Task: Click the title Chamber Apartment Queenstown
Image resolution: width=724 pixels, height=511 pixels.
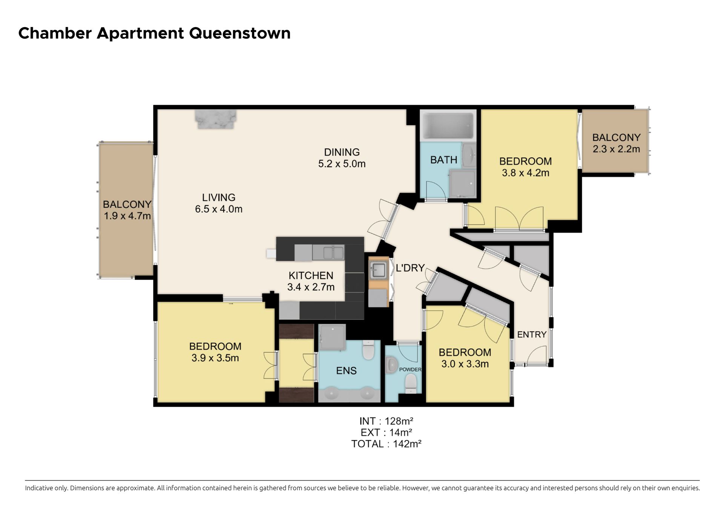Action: (155, 33)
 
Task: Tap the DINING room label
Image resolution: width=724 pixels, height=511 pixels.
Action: (342, 152)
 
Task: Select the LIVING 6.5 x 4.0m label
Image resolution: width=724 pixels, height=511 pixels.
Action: (219, 203)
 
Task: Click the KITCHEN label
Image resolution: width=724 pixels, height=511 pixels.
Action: (311, 275)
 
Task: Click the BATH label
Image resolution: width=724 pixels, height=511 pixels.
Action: (443, 160)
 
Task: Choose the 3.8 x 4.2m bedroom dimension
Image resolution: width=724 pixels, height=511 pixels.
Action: (525, 173)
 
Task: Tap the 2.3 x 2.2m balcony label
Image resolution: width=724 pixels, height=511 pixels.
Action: (616, 149)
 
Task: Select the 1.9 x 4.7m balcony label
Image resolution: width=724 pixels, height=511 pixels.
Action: (127, 216)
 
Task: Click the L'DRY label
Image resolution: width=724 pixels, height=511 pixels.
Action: (410, 268)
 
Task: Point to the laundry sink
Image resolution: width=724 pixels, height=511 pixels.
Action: (378, 270)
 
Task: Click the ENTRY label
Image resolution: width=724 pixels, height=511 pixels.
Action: (532, 334)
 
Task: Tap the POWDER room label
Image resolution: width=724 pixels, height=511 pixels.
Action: (410, 369)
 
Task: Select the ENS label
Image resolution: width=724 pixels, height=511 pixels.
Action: (346, 371)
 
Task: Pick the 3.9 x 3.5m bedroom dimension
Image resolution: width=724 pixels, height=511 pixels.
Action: (215, 358)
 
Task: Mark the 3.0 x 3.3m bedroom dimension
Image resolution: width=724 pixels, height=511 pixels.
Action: (465, 364)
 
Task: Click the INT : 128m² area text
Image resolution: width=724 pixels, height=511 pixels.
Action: (386, 421)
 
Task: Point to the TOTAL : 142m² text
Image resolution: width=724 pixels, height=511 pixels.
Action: (386, 444)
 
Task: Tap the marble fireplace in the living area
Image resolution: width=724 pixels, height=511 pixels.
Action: (215, 119)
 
